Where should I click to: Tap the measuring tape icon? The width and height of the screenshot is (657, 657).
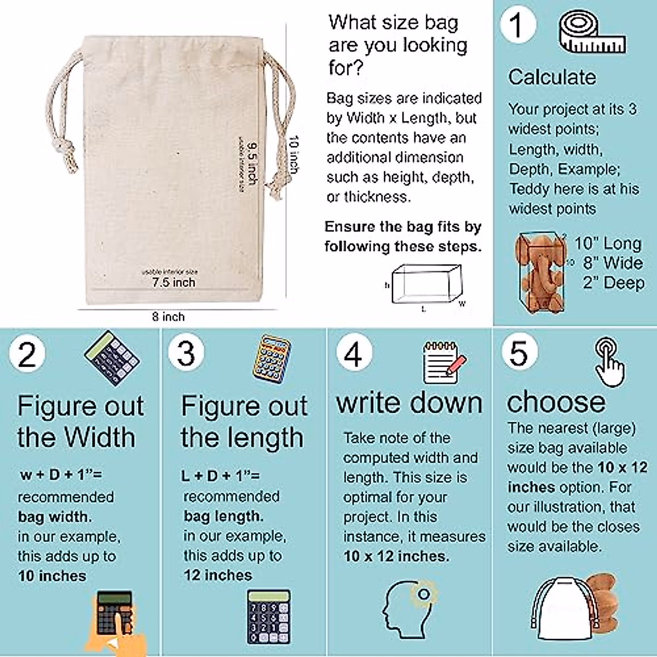pos(592,33)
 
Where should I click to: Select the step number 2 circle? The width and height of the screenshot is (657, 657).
pos(27,354)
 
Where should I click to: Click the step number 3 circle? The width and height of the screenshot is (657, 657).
pos(186,353)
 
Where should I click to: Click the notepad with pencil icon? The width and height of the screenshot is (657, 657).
pos(444,361)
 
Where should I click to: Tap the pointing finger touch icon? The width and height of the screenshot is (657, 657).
pos(609,362)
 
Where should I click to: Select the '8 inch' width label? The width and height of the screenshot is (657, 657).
pos(169,316)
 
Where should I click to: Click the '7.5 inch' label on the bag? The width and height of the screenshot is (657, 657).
pos(174,283)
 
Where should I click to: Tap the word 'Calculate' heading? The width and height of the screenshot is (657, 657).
pos(552,77)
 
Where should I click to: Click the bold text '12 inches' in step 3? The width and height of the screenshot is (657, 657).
pos(218,575)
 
